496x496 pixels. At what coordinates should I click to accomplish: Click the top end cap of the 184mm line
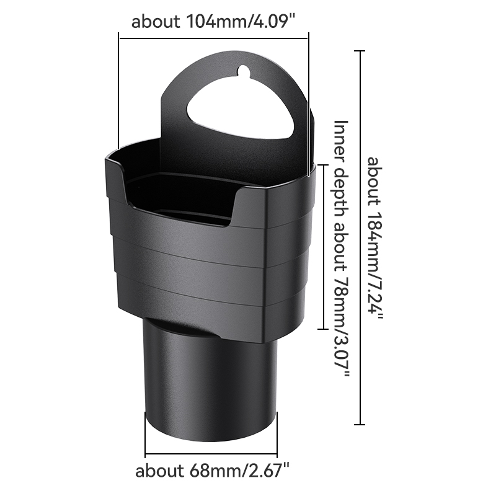[359, 51]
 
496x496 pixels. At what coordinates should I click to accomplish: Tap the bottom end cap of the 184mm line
[359, 425]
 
